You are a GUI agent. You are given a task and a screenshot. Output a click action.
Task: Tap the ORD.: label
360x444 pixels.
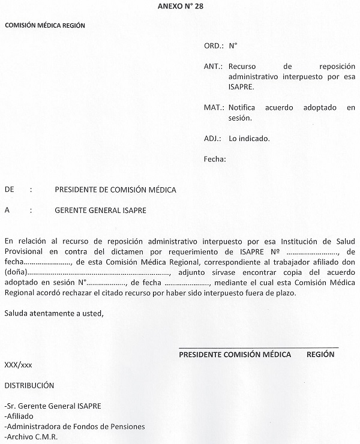214,46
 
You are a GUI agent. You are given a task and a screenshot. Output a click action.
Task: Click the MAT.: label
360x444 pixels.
214,108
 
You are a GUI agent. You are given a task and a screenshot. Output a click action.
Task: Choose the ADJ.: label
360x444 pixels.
213,139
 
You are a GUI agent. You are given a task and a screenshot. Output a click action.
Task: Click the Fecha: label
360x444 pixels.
215,160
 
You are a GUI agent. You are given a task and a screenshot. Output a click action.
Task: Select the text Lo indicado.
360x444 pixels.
249,139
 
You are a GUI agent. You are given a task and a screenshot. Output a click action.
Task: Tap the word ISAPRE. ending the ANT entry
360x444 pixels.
241,87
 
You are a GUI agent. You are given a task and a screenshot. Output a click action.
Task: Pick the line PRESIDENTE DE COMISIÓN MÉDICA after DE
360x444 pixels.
115,190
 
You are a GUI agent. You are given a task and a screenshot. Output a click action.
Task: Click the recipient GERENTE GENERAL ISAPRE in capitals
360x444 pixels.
100,211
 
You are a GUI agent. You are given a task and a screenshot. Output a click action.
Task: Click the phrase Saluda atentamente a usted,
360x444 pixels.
53,313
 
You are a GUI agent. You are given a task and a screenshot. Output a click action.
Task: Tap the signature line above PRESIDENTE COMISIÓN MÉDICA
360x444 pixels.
259,347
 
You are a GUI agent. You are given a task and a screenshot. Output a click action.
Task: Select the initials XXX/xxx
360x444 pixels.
19,365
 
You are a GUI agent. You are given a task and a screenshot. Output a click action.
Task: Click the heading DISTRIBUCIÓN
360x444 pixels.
29,386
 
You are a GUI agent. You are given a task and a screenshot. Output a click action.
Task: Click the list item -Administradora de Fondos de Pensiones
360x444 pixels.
74,427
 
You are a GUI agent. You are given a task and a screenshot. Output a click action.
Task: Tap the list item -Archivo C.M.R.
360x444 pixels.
31,437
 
